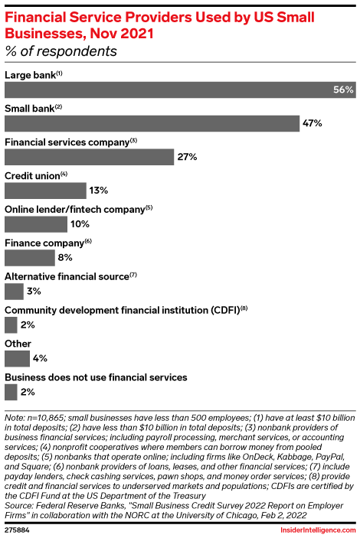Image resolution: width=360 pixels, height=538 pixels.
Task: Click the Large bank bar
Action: tap(169, 90)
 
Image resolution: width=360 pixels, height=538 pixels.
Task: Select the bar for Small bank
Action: tap(152, 123)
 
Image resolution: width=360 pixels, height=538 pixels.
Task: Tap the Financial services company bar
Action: tap(90, 157)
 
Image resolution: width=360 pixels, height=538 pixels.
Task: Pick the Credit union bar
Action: tap(45, 191)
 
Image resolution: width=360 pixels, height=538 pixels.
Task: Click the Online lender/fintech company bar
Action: tap(36, 224)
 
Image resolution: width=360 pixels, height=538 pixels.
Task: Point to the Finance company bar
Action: tap(30, 258)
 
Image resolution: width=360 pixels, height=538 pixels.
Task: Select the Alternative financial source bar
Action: tap(14, 292)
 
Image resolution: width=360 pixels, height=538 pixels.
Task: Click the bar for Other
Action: tap(17, 358)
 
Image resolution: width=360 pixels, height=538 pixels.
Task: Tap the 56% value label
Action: tap(343, 90)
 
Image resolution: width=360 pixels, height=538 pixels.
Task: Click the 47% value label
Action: tap(312, 123)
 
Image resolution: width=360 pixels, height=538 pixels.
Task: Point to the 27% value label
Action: tap(188, 157)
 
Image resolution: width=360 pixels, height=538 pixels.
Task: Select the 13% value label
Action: tap(99, 191)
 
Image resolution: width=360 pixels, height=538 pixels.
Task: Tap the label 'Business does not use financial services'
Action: tap(96, 377)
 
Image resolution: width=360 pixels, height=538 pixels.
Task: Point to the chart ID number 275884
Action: tap(17, 529)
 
